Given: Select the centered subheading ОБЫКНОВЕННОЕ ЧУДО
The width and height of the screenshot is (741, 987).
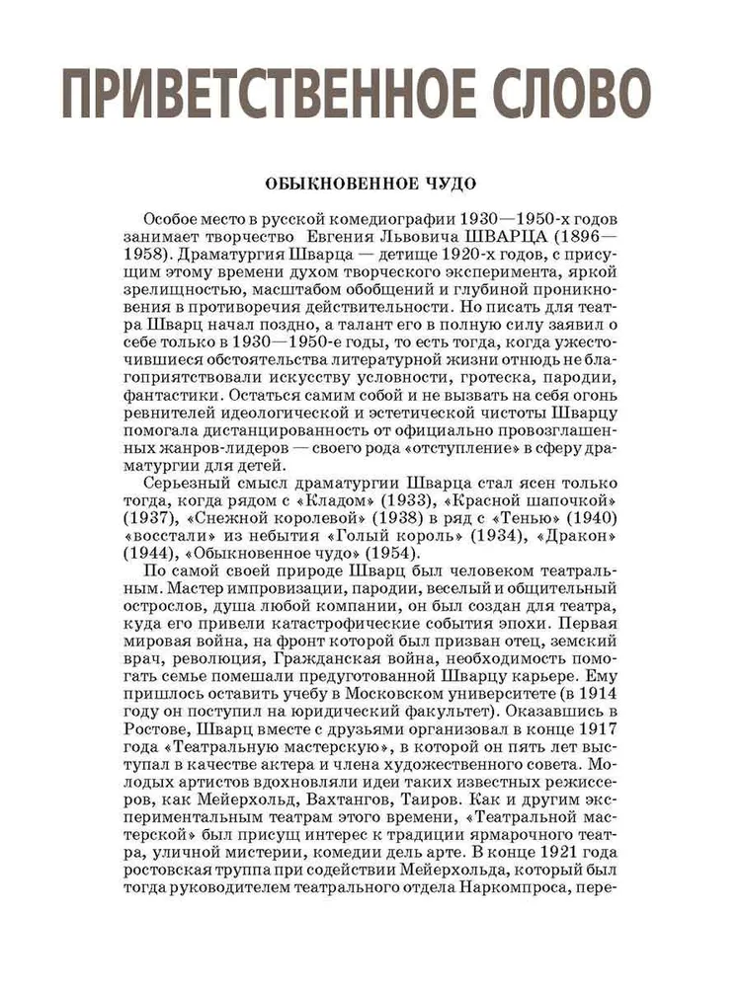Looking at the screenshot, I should (x=370, y=184).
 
